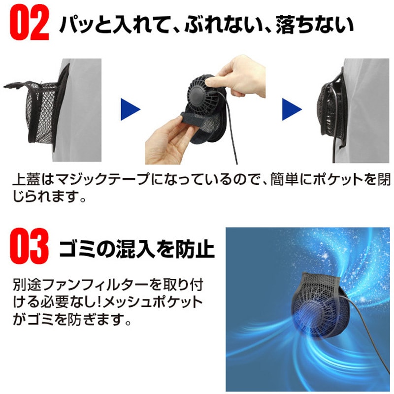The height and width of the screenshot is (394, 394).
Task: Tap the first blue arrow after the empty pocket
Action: click(x=131, y=109)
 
